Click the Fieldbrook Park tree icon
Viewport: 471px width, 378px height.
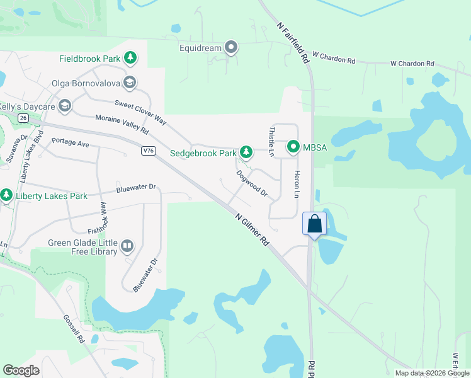(130, 59)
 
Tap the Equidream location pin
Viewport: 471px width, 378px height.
(232, 47)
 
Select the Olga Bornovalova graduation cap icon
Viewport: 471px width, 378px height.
(130, 81)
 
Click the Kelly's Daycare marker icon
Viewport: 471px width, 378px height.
(64, 106)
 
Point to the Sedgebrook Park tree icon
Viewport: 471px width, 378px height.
(246, 152)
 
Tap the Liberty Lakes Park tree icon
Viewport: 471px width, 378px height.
(7, 196)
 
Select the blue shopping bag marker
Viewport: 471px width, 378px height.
(314, 224)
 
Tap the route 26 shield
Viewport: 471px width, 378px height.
(23, 118)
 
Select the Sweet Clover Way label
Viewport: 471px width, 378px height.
(140, 112)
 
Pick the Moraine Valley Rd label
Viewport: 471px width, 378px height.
(122, 124)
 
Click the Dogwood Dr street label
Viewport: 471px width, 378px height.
(252, 185)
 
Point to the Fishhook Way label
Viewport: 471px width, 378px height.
(102, 218)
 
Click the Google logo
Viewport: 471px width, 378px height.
(21, 370)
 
